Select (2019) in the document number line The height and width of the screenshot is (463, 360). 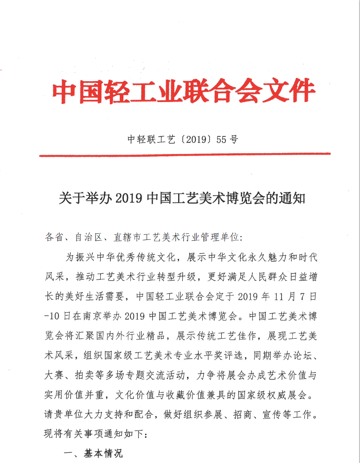(x=196, y=139)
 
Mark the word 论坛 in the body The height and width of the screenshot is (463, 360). (x=297, y=357)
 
